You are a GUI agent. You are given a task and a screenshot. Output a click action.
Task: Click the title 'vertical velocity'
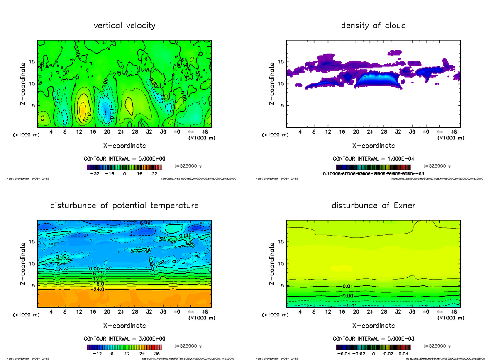(x=124, y=26)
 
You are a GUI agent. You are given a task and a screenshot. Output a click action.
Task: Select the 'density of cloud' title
(x=373, y=26)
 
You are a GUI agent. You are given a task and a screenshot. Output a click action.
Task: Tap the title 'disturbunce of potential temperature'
(x=124, y=206)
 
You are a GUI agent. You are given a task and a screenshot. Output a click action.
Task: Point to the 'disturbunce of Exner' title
(x=373, y=206)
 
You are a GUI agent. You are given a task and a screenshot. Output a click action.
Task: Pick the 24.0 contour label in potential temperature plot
(x=99, y=289)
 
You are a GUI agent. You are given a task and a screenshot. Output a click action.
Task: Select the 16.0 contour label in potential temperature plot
(x=99, y=284)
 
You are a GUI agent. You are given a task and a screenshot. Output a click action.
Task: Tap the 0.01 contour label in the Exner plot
(x=348, y=286)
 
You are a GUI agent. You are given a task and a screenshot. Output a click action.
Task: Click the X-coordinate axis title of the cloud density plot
(x=373, y=146)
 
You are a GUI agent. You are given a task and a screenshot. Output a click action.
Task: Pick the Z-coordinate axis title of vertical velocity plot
(x=24, y=83)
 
